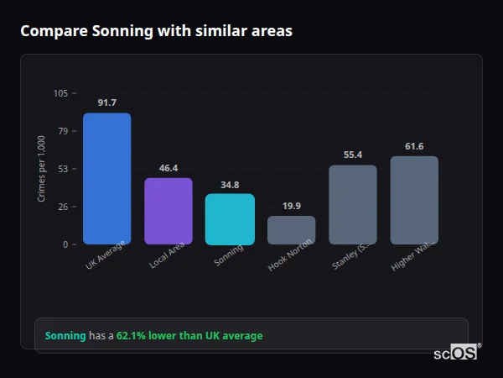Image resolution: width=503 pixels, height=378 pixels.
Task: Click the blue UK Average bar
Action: (x=106, y=178)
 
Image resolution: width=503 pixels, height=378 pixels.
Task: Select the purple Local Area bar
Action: (x=169, y=211)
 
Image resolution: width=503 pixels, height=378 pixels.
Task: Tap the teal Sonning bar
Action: (x=230, y=219)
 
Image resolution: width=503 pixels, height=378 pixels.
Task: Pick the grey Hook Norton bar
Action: (x=292, y=230)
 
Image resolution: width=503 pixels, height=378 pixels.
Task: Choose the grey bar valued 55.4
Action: (x=353, y=204)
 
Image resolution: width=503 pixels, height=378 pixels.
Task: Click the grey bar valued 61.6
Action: (x=414, y=200)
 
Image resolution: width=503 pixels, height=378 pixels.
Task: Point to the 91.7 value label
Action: (x=106, y=102)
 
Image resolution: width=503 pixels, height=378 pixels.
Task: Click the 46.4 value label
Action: (x=169, y=168)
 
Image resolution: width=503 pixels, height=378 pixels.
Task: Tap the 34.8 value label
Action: (x=230, y=185)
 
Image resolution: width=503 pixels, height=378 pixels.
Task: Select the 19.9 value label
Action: (x=292, y=206)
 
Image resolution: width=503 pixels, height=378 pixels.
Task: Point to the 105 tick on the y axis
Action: (x=60, y=93)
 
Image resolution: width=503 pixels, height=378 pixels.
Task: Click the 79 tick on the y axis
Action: (x=63, y=131)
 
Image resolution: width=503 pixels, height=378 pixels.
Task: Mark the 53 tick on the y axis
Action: (x=63, y=169)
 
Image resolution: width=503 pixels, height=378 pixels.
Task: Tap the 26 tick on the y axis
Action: (x=63, y=207)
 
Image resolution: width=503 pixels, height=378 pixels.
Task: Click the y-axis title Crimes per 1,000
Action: (x=42, y=169)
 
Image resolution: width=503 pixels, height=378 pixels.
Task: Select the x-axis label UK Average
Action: (x=106, y=255)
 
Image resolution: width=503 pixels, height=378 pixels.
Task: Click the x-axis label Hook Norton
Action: (x=291, y=255)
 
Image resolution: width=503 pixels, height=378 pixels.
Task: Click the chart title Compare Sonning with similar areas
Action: (x=156, y=31)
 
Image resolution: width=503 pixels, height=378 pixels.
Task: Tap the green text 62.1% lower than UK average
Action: (x=189, y=335)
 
